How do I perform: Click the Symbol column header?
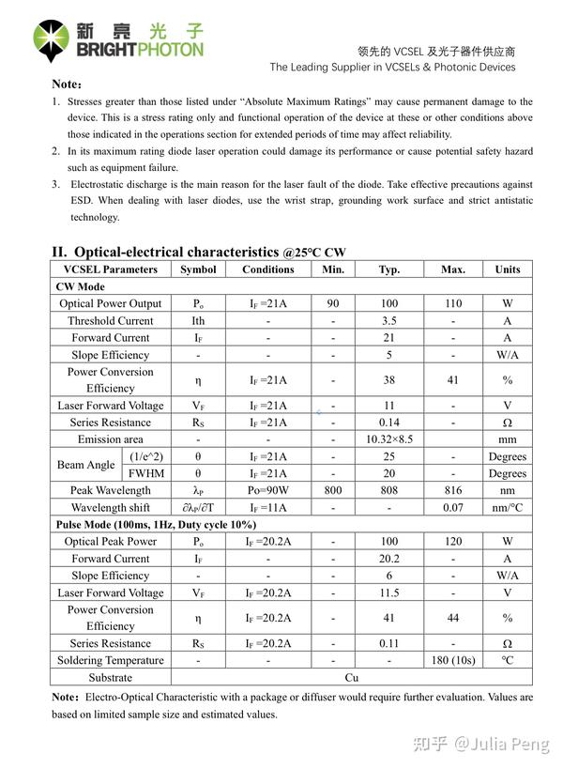[198, 269]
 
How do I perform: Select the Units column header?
[507, 269]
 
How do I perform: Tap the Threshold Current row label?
[110, 321]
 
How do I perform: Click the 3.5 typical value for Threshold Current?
[388, 321]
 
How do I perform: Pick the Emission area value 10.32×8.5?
[388, 439]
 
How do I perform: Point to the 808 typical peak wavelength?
[388, 491]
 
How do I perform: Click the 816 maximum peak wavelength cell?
[452, 491]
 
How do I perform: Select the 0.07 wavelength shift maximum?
[452, 508]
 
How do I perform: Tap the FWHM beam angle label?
[145, 474]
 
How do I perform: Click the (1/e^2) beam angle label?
[145, 457]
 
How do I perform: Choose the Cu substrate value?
[351, 678]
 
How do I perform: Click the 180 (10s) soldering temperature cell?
[452, 661]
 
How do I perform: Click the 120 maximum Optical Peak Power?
[452, 542]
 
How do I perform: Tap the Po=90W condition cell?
[268, 491]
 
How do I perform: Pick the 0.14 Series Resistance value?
[388, 423]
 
